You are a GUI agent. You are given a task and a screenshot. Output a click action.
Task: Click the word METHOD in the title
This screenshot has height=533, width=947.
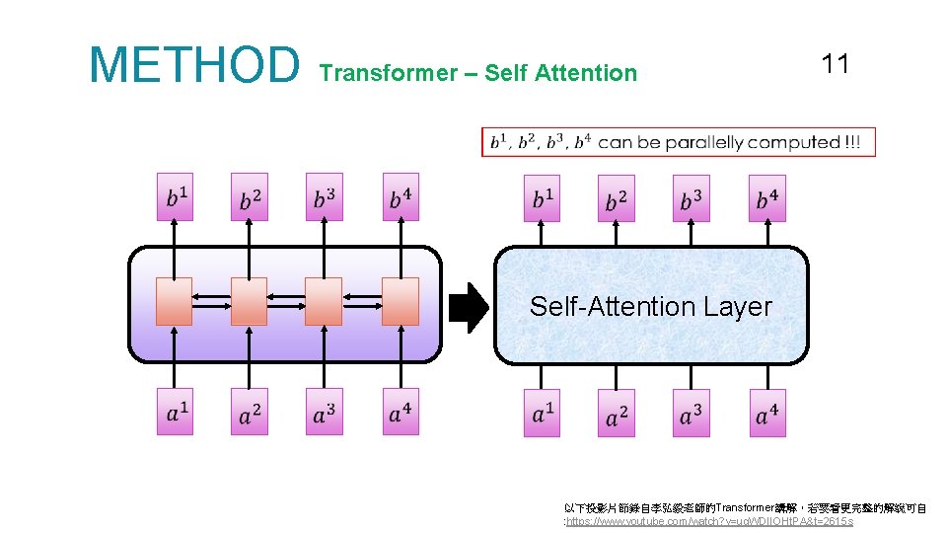(193, 65)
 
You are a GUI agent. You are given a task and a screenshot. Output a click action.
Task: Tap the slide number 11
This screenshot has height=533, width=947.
(835, 65)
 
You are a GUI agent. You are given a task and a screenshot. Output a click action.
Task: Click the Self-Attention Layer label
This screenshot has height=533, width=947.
(650, 306)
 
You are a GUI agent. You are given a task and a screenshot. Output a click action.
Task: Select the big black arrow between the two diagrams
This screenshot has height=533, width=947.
(469, 307)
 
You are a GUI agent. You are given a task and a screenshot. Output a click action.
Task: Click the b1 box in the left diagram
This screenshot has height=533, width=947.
(175, 197)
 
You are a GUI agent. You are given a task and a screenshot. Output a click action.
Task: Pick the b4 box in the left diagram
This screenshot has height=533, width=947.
(400, 197)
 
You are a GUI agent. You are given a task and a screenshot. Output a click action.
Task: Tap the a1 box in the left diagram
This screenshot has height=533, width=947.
(175, 412)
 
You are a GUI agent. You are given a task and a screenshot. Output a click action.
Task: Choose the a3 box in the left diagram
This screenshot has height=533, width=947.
(324, 412)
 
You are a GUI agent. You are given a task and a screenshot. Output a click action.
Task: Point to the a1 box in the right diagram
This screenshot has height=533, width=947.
(542, 412)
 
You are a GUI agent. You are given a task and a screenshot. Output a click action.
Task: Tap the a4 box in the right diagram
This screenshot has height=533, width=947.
(766, 412)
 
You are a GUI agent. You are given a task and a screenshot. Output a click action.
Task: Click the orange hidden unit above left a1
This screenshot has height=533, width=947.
(175, 301)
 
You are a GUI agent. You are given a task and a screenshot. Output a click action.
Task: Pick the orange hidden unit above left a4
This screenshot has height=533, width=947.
(400, 301)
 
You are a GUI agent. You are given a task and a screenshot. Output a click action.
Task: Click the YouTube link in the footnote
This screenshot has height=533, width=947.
(708, 520)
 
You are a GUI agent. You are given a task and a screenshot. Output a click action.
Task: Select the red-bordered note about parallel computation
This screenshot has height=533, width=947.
(678, 142)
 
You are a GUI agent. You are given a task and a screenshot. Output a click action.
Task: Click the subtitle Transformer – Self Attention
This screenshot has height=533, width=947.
(478, 73)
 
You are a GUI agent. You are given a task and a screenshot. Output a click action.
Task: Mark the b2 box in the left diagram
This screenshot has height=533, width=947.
(249, 197)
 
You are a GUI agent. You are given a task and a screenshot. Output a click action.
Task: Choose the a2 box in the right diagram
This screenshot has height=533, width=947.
(616, 412)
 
